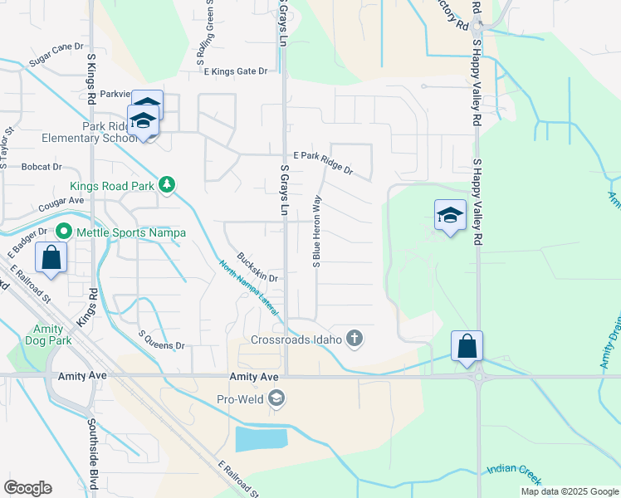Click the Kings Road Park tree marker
[x=167, y=184]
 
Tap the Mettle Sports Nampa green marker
[x=63, y=232]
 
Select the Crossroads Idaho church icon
[x=355, y=338]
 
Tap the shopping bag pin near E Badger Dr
[x=51, y=258]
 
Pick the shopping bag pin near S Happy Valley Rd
[x=467, y=345]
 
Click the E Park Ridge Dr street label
[x=324, y=164]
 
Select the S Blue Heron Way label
[x=316, y=232]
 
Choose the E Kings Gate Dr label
[x=236, y=71]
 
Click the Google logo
[x=27, y=488]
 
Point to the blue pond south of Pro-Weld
[x=261, y=438]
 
